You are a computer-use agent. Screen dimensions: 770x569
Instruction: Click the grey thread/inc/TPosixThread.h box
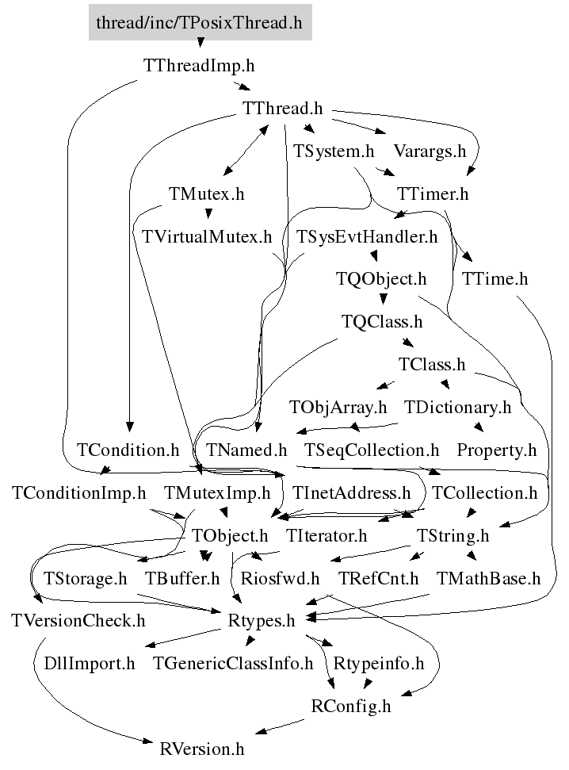click(x=199, y=22)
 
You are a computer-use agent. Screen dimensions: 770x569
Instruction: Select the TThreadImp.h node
click(x=199, y=65)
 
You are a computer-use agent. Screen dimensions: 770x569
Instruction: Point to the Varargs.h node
click(x=430, y=151)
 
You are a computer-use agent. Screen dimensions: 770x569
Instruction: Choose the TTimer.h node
click(x=433, y=193)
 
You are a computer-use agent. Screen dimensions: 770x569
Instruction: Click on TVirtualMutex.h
click(x=206, y=236)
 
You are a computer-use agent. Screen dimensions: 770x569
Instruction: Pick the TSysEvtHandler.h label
click(x=367, y=236)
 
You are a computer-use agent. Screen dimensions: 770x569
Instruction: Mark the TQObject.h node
click(x=381, y=279)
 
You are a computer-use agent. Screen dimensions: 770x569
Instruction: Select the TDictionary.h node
click(x=458, y=408)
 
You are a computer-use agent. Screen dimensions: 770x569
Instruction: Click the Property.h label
click(x=497, y=450)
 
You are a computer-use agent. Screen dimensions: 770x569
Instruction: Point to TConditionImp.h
click(x=79, y=493)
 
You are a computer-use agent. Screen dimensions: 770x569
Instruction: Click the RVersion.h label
click(x=202, y=749)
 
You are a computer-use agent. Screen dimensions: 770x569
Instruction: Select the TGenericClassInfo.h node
click(x=233, y=664)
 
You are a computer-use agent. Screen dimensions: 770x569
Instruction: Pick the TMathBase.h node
click(x=488, y=579)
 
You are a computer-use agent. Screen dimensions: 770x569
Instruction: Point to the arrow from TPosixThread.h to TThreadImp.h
click(x=199, y=44)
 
